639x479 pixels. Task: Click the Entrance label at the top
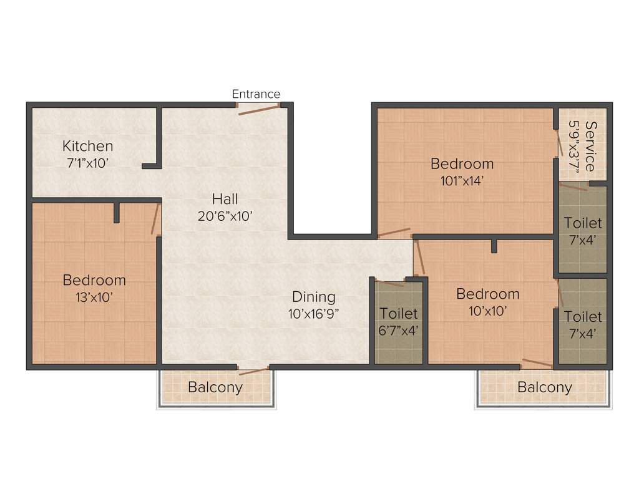coord(256,94)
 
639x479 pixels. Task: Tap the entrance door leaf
coord(258,110)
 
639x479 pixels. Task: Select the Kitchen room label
coord(88,146)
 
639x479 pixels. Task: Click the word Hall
coord(225,199)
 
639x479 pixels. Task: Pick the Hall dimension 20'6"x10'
coord(225,216)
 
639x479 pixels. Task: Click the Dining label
coord(314,297)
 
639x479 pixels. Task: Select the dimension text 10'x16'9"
coord(314,314)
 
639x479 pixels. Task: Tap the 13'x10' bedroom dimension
coord(94,298)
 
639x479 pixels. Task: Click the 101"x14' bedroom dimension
coord(462,181)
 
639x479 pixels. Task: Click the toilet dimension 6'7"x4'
coord(398,331)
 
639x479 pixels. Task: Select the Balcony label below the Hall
coord(215,387)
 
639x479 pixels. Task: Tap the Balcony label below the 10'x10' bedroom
coord(545,387)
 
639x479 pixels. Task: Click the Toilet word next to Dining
coord(398,313)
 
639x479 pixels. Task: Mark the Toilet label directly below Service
coord(583,223)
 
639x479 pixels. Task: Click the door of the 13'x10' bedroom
coord(156,219)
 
